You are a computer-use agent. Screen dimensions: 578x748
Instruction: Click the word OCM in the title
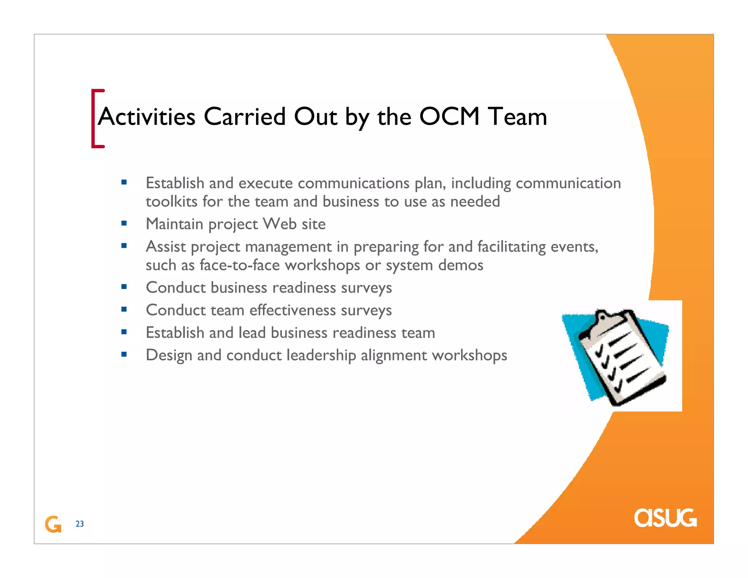pos(449,117)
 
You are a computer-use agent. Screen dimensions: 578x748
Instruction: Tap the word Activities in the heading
pos(146,117)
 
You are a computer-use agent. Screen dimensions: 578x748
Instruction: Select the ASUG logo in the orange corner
pos(665,518)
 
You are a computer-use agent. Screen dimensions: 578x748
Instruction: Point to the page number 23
pos(80,524)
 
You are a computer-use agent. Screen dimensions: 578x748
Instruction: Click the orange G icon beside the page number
pos(53,524)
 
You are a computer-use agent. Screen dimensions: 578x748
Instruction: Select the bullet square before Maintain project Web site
pos(124,223)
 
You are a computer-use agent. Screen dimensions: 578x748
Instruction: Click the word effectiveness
pos(293,310)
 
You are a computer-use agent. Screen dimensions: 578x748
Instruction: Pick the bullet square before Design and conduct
pos(124,354)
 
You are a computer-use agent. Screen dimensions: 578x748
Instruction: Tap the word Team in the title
pos(518,117)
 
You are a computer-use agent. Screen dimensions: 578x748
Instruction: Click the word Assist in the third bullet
pos(166,247)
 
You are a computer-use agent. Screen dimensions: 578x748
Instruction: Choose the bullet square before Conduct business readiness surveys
pos(124,287)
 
